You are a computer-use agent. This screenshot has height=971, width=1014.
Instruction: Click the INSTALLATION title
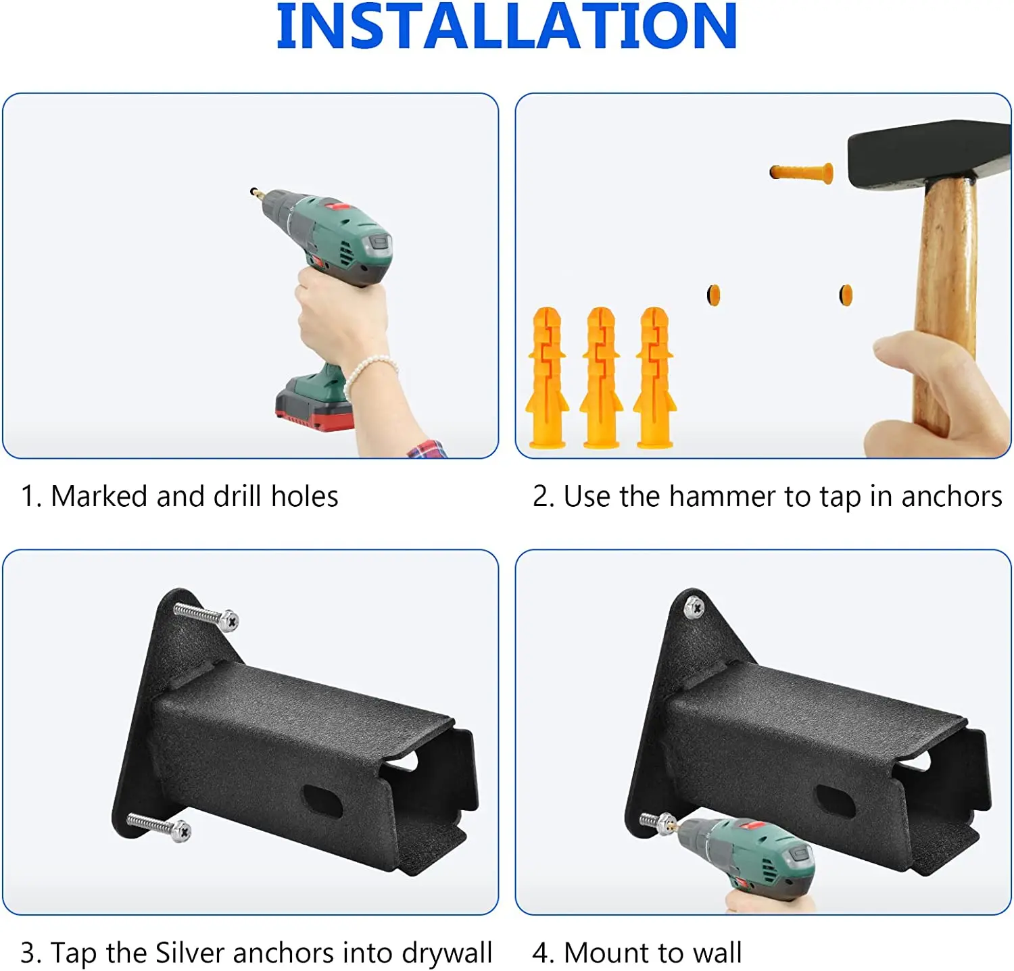point(506,27)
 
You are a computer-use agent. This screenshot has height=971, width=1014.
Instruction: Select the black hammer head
point(926,151)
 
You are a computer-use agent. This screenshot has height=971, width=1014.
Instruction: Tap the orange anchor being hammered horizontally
point(801,172)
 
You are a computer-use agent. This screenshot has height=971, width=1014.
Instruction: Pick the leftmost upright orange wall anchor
point(547,378)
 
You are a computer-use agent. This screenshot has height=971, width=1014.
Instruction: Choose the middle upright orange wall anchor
point(600,378)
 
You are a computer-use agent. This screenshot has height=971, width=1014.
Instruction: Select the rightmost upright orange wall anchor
point(654,378)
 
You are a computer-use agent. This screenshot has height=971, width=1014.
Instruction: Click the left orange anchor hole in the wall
point(713,295)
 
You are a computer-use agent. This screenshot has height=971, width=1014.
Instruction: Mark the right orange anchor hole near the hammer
point(846,295)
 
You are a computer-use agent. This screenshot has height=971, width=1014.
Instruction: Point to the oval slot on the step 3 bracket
point(322,800)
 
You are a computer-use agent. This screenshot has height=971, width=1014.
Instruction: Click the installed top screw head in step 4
point(694,608)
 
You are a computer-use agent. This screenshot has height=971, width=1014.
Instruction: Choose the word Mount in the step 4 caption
point(606,953)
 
